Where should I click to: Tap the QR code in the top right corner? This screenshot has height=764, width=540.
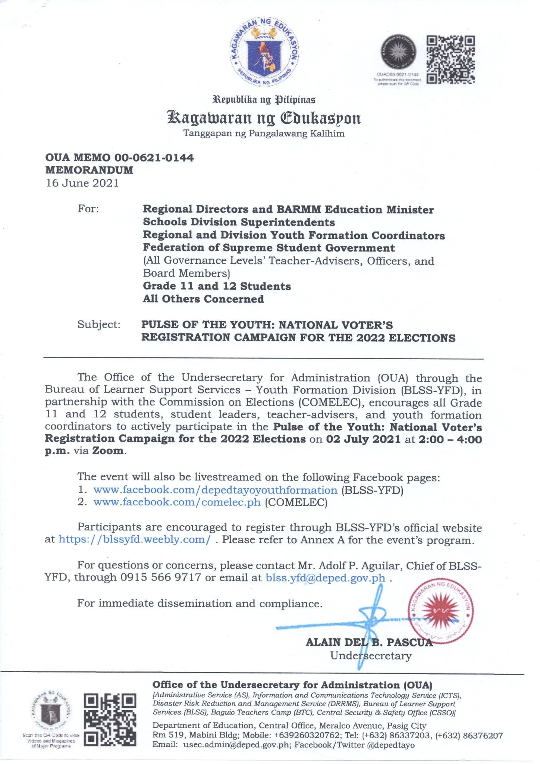450,59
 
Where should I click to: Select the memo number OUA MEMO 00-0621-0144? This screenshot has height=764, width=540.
119,158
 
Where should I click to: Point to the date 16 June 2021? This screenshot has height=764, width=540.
82,183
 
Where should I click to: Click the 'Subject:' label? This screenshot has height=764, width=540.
99,325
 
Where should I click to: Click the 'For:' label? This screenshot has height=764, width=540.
88,209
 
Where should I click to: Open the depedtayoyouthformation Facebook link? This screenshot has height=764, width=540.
215,490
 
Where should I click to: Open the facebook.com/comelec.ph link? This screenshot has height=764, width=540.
177,502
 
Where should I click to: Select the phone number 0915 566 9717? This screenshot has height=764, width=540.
161,578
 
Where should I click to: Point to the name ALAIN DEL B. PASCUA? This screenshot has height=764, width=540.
369,642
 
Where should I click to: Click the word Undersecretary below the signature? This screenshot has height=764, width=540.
371,655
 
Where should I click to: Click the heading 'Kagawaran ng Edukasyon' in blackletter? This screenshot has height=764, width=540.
263,118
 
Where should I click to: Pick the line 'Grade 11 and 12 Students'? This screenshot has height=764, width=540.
217,286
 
